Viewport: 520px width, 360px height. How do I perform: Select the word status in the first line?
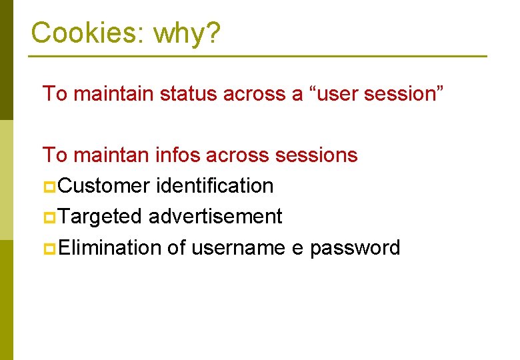189,93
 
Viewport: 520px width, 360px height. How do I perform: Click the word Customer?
104,185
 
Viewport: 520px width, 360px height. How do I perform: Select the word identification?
214,185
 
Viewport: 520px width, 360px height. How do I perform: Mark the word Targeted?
100,216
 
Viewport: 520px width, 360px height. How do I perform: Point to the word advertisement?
215,216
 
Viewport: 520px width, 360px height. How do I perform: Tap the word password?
355,247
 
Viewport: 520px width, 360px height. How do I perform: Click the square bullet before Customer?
49,187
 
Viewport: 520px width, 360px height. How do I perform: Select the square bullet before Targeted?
49,217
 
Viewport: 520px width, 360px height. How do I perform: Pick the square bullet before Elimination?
49,249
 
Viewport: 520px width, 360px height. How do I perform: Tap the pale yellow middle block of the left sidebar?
6,179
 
